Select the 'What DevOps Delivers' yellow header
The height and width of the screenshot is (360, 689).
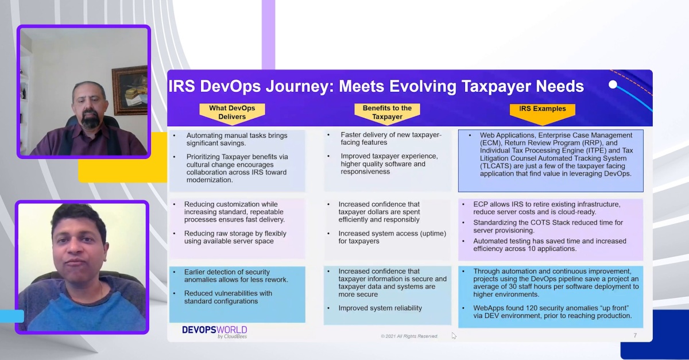(x=232, y=113)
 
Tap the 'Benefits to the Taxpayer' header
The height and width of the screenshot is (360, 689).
(x=387, y=112)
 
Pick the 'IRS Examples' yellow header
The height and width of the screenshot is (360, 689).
(x=542, y=109)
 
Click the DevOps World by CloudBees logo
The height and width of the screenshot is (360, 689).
(x=214, y=331)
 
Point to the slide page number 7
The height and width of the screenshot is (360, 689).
(x=635, y=335)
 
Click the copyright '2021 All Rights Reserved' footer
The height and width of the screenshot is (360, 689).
(x=409, y=336)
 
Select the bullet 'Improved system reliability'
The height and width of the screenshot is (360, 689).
(x=380, y=308)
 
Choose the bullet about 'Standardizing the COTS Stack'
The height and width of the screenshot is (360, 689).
(x=548, y=226)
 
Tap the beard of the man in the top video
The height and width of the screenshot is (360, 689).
(x=90, y=121)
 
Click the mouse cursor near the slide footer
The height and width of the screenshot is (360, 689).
(x=454, y=335)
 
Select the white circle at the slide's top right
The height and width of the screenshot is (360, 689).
(x=613, y=84)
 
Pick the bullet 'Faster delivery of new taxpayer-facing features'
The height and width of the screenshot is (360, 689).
(x=390, y=139)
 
